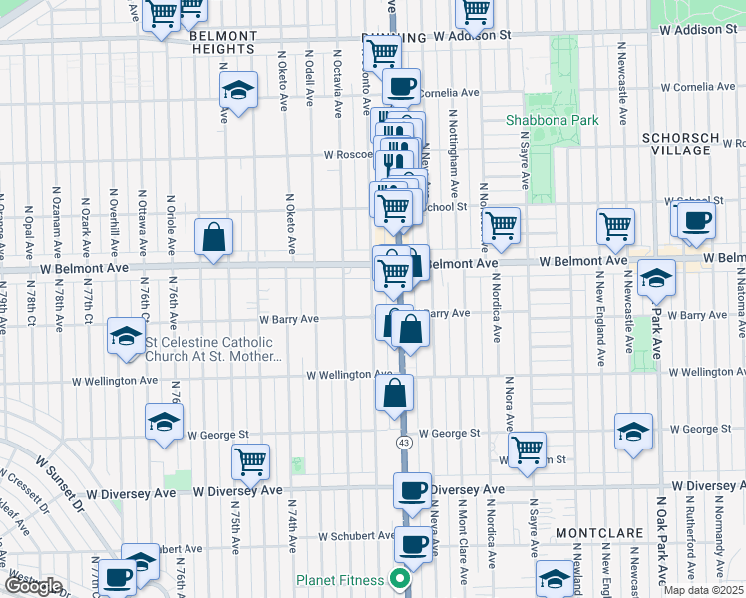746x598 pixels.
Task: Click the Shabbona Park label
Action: tap(552, 120)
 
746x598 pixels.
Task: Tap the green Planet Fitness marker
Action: tap(400, 578)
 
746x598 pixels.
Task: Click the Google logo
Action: tap(33, 586)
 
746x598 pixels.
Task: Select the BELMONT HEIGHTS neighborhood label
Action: tap(223, 43)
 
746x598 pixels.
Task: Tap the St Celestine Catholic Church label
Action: tap(213, 349)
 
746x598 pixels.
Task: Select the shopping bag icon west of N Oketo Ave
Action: tap(214, 238)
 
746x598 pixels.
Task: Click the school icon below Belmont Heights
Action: tap(239, 91)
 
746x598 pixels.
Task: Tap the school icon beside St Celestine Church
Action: tap(127, 337)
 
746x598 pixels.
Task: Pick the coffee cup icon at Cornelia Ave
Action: tap(402, 86)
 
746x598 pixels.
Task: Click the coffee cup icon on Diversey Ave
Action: tap(412, 490)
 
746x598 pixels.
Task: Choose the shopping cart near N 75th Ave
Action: tap(251, 460)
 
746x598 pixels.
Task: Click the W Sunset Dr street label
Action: tap(61, 485)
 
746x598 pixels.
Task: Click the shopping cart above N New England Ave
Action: tap(615, 226)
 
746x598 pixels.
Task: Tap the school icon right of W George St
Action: tap(633, 432)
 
